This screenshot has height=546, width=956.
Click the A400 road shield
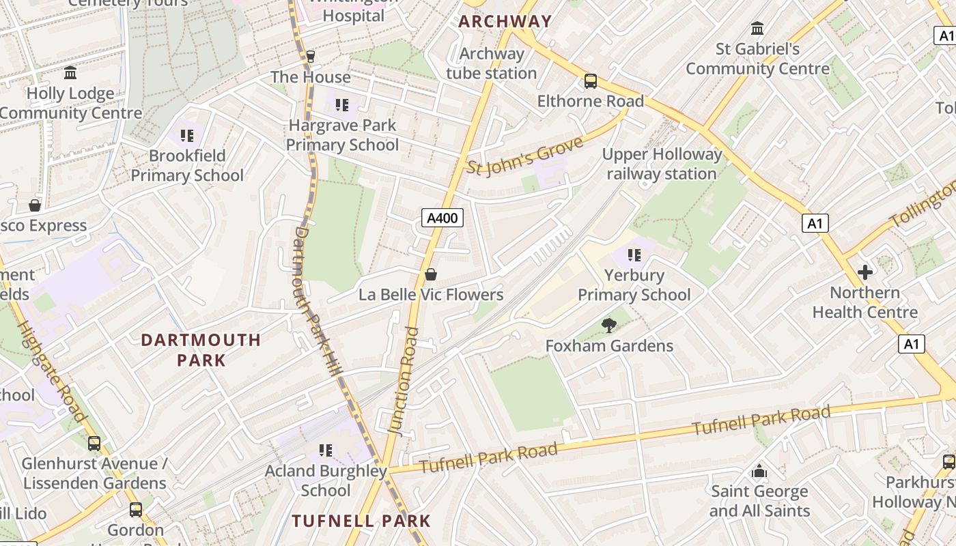(x=442, y=218)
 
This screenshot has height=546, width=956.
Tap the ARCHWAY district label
(x=505, y=21)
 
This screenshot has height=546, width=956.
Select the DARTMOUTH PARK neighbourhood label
(x=201, y=349)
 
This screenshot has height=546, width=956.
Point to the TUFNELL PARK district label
(x=361, y=521)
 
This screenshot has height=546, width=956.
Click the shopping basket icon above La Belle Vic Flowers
(x=431, y=274)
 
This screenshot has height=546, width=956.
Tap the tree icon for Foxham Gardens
(x=608, y=326)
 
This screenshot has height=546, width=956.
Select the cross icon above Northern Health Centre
(x=864, y=272)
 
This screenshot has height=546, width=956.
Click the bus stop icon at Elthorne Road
(x=591, y=81)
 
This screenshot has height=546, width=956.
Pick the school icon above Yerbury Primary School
(x=634, y=255)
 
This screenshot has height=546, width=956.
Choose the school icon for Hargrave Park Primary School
(x=342, y=105)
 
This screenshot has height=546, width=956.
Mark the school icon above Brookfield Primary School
(x=187, y=136)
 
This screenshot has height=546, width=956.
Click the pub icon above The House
(x=311, y=56)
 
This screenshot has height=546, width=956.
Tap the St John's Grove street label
(x=525, y=155)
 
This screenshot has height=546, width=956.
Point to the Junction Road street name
(x=403, y=380)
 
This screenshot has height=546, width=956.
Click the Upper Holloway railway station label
(x=662, y=164)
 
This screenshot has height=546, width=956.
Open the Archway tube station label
(x=492, y=63)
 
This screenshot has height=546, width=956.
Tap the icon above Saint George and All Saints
(x=759, y=471)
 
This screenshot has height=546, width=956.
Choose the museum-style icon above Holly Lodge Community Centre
(x=70, y=73)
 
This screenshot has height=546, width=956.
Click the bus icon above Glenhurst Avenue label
(x=94, y=444)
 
